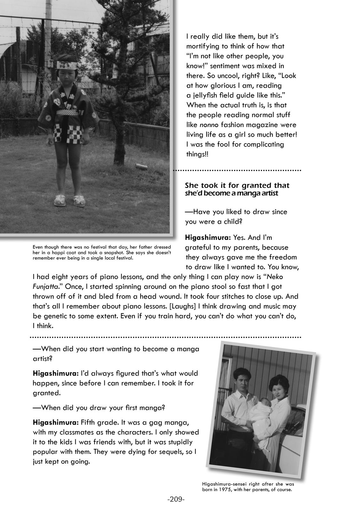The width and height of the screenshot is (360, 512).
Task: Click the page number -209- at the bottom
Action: [x=176, y=499]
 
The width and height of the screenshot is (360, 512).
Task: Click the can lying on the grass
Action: [x=141, y=166]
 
